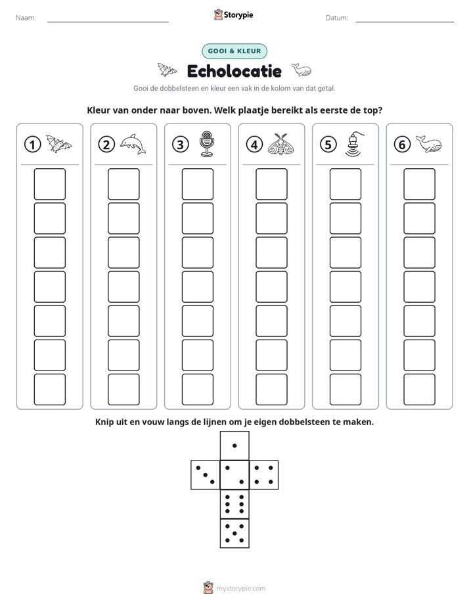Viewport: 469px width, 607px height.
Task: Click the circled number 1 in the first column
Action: pyautogui.click(x=32, y=145)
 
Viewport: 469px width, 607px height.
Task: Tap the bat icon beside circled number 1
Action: pyautogui.click(x=59, y=144)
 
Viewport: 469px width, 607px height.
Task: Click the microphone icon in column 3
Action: pyautogui.click(x=207, y=144)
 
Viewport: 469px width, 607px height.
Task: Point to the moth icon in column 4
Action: pyautogui.click(x=281, y=144)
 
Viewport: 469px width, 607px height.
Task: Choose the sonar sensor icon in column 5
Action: pyautogui.click(x=354, y=145)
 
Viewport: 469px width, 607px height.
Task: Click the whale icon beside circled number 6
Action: pyautogui.click(x=429, y=144)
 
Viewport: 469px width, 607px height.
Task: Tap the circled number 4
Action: pyautogui.click(x=254, y=145)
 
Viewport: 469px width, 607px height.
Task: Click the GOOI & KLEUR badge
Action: pyautogui.click(x=234, y=51)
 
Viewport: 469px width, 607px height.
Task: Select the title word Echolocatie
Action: pyautogui.click(x=234, y=71)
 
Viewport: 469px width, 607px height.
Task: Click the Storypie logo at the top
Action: pyautogui.click(x=234, y=14)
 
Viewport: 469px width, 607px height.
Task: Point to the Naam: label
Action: pyautogui.click(x=26, y=18)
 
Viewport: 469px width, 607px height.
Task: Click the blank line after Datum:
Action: pyautogui.click(x=405, y=22)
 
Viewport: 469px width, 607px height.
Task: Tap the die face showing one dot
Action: pyautogui.click(x=234, y=446)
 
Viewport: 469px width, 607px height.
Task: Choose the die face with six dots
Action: pyautogui.click(x=234, y=504)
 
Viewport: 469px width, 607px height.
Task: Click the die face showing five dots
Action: pyautogui.click(x=234, y=533)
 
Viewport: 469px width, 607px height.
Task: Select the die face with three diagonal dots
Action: pyautogui.click(x=206, y=475)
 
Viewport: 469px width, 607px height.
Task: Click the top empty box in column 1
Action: pyautogui.click(x=49, y=184)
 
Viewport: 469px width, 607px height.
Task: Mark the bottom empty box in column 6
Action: pyautogui.click(x=420, y=390)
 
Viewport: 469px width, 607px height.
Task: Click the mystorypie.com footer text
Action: pyautogui.click(x=240, y=589)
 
